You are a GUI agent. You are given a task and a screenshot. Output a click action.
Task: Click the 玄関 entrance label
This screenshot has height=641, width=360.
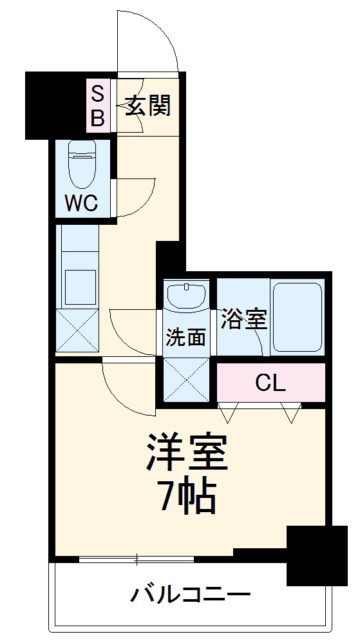pos(147,105)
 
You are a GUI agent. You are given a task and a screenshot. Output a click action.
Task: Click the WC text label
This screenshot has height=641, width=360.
pos(81,204)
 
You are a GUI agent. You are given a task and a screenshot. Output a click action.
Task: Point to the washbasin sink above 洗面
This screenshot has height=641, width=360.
pos(186,297)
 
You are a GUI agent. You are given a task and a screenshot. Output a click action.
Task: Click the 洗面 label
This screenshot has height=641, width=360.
pos(186,338)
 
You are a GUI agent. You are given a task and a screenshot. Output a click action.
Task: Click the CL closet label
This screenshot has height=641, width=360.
pos(270,383)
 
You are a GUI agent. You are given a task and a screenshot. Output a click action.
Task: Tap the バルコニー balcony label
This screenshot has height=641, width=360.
pos(191,593)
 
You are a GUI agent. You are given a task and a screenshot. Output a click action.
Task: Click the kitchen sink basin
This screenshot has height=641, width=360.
pos(79,287)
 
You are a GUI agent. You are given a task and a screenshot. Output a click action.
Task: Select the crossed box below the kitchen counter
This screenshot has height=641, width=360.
pos(77,329)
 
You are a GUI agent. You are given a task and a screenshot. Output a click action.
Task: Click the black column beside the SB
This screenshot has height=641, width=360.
pos(55,104)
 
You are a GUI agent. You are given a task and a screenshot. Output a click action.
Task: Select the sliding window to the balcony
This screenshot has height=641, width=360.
pos(136,559)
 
